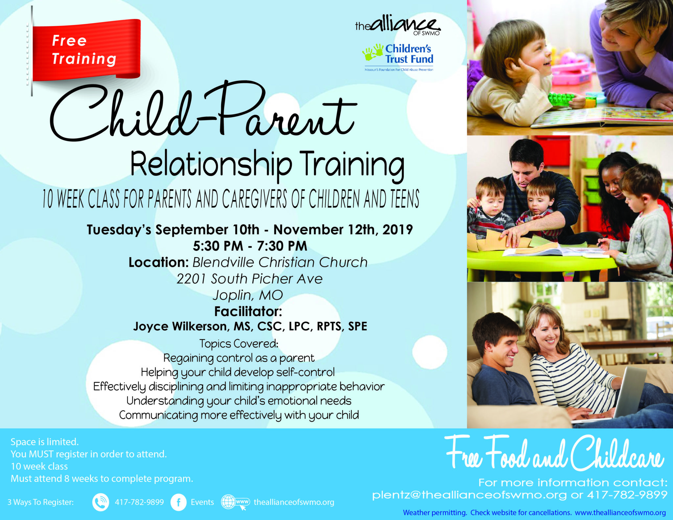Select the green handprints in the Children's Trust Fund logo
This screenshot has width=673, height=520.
point(373,52)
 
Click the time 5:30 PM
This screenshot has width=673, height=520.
point(218,246)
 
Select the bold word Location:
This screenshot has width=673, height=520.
point(158,262)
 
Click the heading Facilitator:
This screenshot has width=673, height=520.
point(248,311)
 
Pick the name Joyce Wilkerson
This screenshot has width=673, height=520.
point(180,326)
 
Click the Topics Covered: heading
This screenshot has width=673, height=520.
point(239,343)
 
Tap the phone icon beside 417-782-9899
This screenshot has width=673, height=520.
point(101,502)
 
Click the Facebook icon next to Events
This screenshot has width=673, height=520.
point(179,502)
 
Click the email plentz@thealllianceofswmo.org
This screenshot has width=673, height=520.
point(469,495)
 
